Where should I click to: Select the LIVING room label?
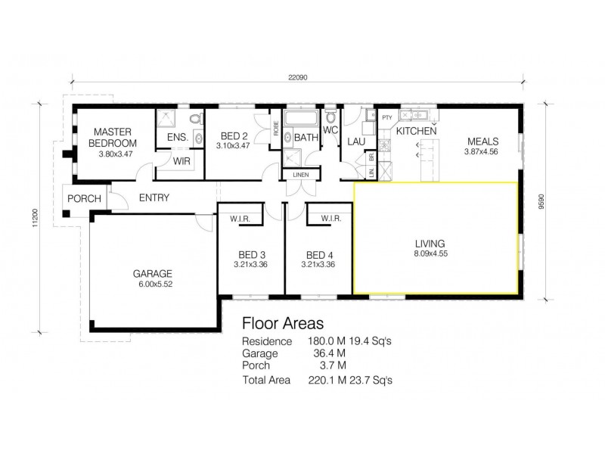430,244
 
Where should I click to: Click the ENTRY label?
154,198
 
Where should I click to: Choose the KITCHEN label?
417,132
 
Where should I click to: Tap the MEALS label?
482,141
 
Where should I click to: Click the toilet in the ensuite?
195,120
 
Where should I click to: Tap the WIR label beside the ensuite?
181,160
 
